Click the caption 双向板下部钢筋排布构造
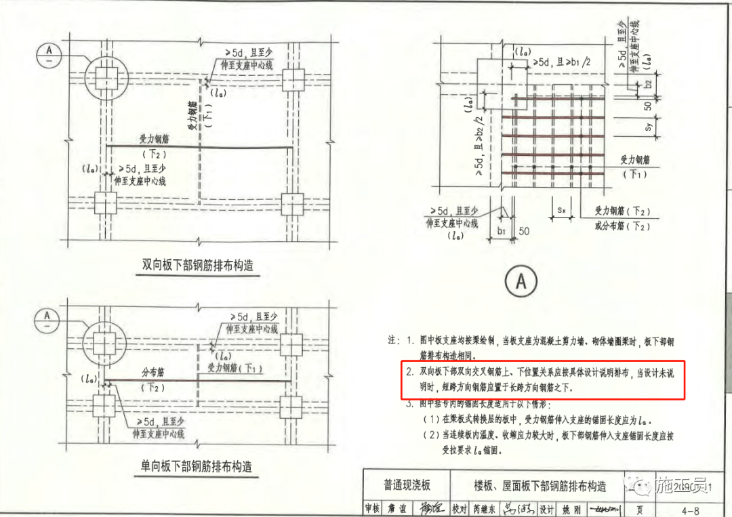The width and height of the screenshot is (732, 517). coord(197,265)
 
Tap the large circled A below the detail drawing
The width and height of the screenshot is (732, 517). coord(521,281)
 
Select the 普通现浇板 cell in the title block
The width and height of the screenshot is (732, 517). coord(407,485)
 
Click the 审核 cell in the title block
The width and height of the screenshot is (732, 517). coord(372,508)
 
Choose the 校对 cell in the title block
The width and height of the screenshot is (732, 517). coord(460,508)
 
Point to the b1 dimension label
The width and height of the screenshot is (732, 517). coord(502,232)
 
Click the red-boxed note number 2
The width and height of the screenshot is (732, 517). coord(409,372)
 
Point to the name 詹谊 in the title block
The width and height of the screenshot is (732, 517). coord(396,508)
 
